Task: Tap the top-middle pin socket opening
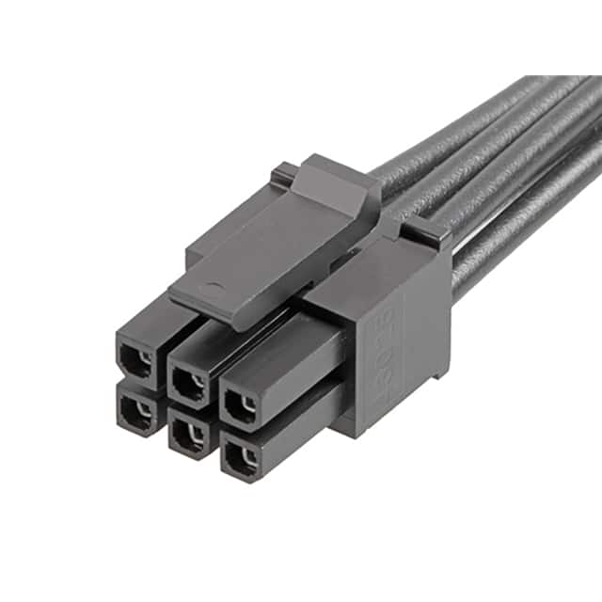190,382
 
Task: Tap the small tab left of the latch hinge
282,173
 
